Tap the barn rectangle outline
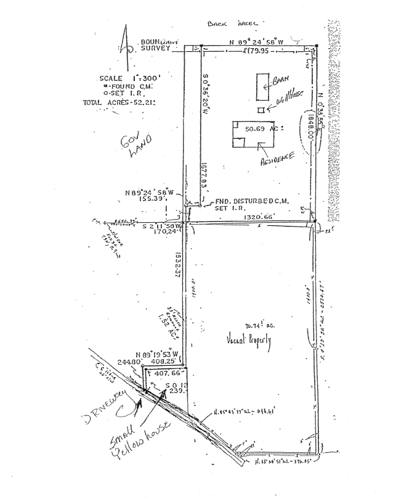(x=262, y=86)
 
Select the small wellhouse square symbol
(x=261, y=110)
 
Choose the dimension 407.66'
(x=164, y=373)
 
